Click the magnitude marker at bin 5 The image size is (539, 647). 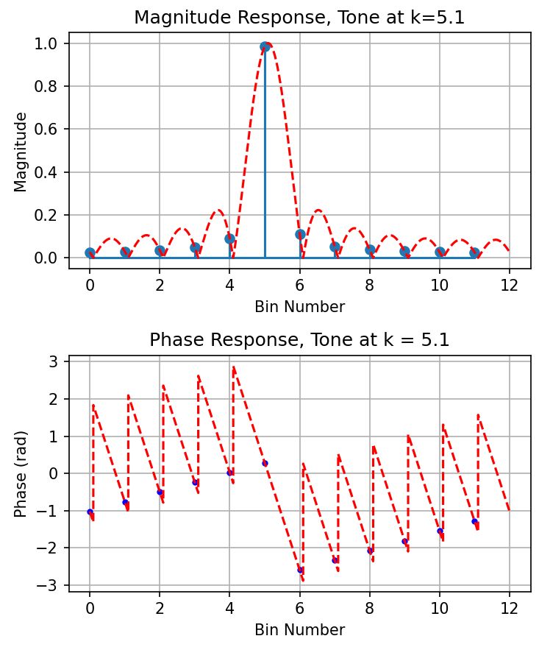(265, 47)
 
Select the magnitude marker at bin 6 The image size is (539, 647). (300, 234)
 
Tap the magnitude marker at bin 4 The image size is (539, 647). (229, 238)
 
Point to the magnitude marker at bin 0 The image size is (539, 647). (90, 253)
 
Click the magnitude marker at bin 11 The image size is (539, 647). (474, 253)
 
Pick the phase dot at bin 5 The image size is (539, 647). (265, 463)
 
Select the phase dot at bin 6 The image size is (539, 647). (300, 570)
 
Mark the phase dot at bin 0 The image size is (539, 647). (90, 512)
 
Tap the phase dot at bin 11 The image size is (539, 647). (474, 521)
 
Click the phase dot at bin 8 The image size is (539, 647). (370, 551)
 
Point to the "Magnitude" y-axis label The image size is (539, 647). (21, 151)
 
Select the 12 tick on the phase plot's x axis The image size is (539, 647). (509, 608)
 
